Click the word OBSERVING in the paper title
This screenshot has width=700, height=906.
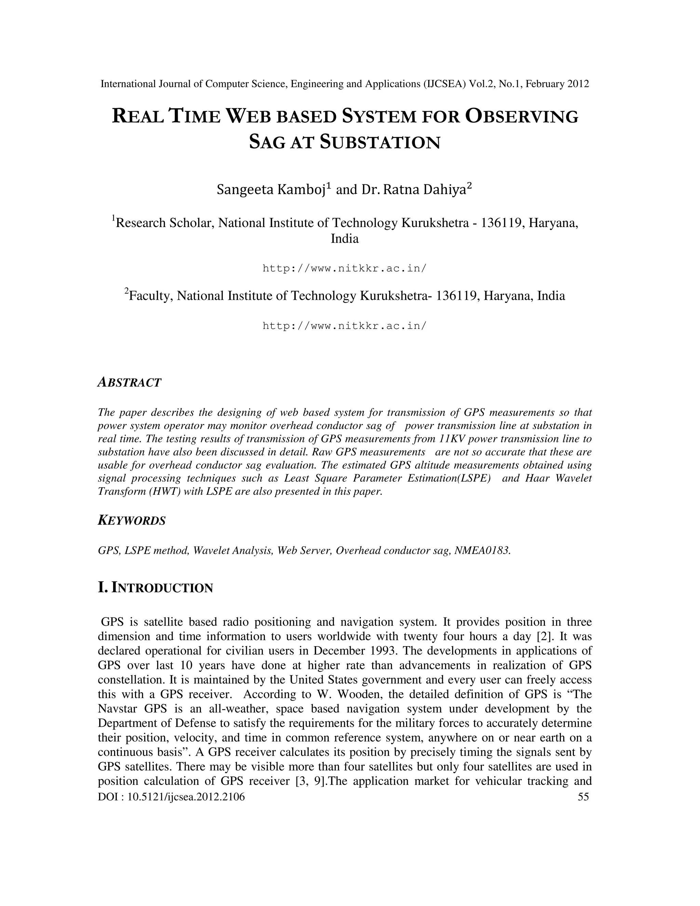(522, 117)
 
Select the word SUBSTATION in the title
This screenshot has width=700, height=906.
(380, 142)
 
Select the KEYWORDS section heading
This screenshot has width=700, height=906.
(132, 521)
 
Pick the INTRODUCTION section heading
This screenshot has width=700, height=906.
(156, 588)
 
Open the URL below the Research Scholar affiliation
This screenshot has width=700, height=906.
(344, 268)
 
